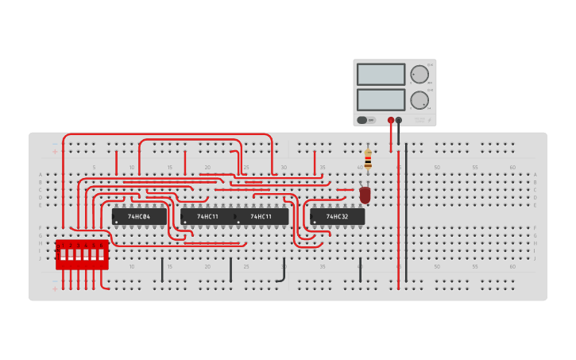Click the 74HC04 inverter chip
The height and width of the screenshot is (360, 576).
[x=139, y=216]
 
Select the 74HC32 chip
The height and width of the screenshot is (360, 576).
[x=337, y=216]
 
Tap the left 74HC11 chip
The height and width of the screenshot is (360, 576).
[x=207, y=216]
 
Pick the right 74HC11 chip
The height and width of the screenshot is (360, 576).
[x=261, y=216]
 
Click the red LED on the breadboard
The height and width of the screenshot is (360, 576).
[x=365, y=194]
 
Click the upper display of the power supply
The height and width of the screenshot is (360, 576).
[x=381, y=74]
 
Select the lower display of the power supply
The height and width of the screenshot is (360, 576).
[x=381, y=99]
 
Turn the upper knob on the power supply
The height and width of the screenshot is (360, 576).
[x=419, y=75]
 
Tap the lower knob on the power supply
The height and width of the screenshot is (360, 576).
[x=419, y=100]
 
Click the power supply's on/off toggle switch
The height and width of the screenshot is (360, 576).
[x=365, y=120]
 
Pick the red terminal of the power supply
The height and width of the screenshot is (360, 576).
[x=391, y=120]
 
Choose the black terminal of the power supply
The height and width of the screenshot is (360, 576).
[x=399, y=120]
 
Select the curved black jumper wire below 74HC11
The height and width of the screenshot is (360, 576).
[x=283, y=270]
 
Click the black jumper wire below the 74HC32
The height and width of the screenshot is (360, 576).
[x=360, y=269]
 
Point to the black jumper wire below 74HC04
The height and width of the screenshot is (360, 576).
[x=162, y=269]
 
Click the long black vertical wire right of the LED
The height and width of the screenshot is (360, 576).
[x=406, y=215]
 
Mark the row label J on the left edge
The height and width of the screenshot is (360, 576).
[x=41, y=258]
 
